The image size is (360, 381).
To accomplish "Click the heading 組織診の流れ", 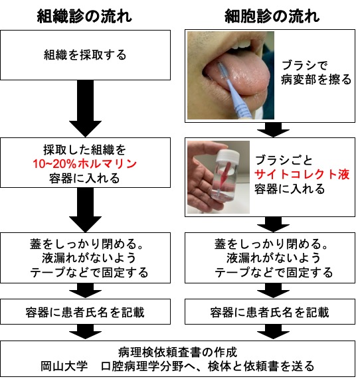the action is [84, 17].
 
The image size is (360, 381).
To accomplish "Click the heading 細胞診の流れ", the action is [272, 17].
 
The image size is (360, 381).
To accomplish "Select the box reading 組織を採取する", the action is [85, 55].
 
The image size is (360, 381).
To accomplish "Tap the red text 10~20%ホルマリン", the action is [85, 164].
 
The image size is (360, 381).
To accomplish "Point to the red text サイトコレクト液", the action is [302, 175].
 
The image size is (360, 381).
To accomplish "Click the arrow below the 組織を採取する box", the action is [85, 108].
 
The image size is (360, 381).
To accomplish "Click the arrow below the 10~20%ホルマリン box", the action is [85, 210].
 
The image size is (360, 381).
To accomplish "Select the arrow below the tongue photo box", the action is [273, 129].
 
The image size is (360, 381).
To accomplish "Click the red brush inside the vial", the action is [223, 177].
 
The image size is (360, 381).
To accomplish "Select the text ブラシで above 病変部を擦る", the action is [305, 65].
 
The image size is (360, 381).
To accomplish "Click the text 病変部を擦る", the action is [316, 80].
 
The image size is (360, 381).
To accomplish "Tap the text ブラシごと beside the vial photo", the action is [284, 161].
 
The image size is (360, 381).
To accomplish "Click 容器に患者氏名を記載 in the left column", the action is [85, 312].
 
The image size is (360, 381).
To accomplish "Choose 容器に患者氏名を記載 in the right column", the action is [270, 312].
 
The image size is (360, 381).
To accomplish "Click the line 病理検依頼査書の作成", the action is [178, 352].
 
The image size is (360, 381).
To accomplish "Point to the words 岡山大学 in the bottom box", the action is [64, 366].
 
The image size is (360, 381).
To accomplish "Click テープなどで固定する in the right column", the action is [274, 272].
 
